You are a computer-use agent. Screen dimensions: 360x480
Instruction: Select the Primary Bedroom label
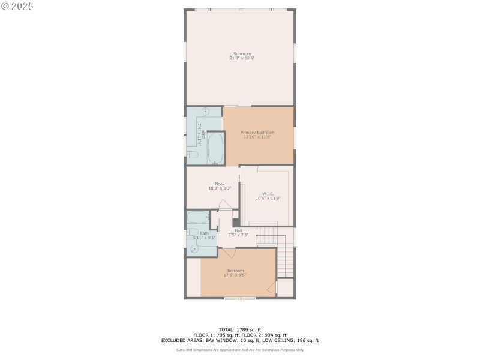pyautogui.click(x=257, y=132)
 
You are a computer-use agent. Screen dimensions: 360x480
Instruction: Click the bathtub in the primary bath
pyautogui.click(x=215, y=148)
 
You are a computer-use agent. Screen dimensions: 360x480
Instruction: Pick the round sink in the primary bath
pyautogui.click(x=205, y=112)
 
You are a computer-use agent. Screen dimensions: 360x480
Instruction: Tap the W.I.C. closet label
pyautogui.click(x=268, y=193)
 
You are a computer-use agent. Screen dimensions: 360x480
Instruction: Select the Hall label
pyautogui.click(x=238, y=230)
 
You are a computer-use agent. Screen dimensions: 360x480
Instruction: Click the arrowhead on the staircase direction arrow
pyautogui.click(x=259, y=236)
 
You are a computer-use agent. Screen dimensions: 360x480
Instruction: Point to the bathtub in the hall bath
pyautogui.click(x=197, y=217)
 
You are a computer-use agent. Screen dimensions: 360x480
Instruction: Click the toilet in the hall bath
pyautogui.click(x=192, y=232)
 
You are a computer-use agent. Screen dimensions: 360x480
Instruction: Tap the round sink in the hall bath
pyautogui.click(x=194, y=248)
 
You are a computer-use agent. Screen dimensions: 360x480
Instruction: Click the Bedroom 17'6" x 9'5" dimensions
pyautogui.click(x=235, y=275)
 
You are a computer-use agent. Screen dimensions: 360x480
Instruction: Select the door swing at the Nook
pyautogui.click(x=223, y=205)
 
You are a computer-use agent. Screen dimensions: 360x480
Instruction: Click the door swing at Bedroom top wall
pyautogui.click(x=230, y=252)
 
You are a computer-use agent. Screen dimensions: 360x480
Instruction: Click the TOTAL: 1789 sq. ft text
pyautogui.click(x=240, y=329)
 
